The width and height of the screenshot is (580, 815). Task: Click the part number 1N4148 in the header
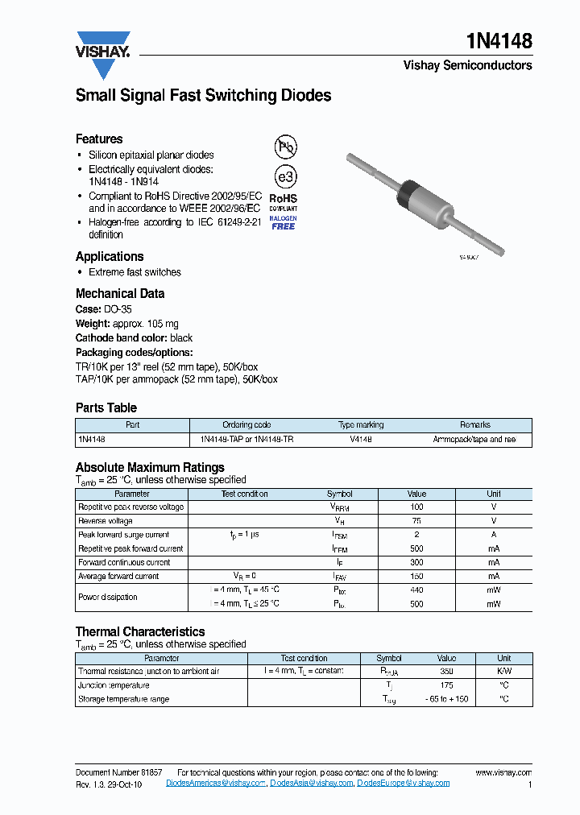(499, 41)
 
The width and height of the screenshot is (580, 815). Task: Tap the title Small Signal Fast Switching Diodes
(203, 96)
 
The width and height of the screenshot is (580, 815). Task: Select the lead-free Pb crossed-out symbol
(284, 147)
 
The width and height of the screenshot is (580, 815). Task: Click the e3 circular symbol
(284, 176)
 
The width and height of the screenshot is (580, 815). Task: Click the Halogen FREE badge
(283, 223)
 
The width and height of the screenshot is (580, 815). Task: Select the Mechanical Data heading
(120, 294)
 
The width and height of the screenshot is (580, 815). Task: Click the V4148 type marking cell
(361, 440)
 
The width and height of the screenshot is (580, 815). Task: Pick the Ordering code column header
(246, 424)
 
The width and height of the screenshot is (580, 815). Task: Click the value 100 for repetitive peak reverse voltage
(416, 507)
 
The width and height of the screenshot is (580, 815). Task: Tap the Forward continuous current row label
(124, 562)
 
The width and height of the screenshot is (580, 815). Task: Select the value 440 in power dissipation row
(416, 590)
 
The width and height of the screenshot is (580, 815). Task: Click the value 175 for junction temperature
(445, 685)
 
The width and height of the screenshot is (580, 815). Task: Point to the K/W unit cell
(503, 671)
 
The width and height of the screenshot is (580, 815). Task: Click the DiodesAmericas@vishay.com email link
(216, 783)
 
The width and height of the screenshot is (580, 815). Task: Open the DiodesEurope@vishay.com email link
(403, 783)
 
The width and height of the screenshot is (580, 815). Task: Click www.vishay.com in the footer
(503, 772)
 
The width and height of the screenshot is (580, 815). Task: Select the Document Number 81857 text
(118, 772)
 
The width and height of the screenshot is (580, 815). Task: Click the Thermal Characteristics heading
(140, 632)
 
